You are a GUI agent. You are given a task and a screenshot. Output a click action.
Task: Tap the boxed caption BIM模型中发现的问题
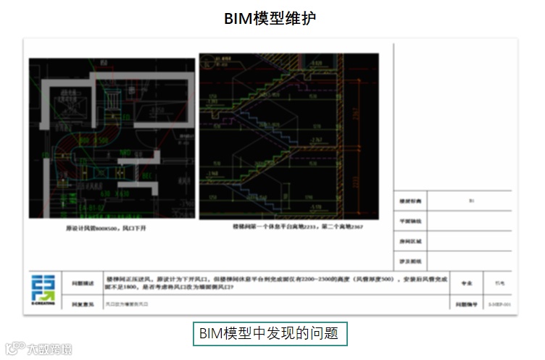tap(269, 334)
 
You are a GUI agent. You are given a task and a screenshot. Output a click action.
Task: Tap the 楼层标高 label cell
tap(410, 201)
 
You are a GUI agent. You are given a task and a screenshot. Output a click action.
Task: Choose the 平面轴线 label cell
tap(410, 221)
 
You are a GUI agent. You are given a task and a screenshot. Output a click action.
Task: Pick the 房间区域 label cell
tap(410, 240)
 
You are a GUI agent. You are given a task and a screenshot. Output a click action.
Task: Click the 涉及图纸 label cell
tap(410, 259)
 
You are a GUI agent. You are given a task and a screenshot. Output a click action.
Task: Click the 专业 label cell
tap(457, 284)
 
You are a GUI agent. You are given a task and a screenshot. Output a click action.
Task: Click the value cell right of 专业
tap(496, 284)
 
